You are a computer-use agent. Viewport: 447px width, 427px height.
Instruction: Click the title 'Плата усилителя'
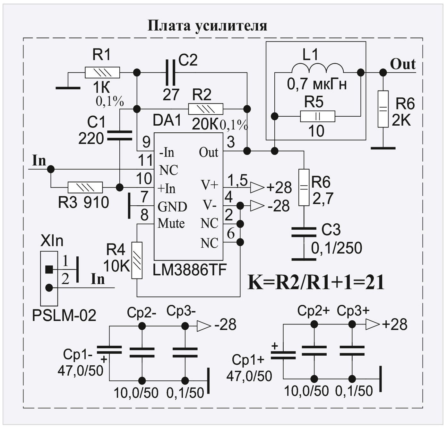207,25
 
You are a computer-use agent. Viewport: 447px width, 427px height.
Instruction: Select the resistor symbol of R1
102,73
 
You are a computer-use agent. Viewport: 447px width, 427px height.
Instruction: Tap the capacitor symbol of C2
170,73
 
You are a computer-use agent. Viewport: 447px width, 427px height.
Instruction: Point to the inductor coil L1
317,68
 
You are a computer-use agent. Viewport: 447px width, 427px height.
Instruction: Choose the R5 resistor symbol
317,116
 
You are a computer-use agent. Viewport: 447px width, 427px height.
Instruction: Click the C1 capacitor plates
119,135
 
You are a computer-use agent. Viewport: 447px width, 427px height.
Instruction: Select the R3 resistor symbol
85,187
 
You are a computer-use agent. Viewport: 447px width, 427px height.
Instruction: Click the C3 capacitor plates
304,232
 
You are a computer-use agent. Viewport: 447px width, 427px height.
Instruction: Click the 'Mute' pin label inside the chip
171,223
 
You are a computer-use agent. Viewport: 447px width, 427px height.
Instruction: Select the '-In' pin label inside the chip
167,152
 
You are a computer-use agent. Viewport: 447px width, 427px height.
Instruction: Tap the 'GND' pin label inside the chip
172,207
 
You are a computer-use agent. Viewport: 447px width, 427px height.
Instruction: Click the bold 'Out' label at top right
403,64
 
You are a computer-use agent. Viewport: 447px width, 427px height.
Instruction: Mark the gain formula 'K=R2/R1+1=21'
316,283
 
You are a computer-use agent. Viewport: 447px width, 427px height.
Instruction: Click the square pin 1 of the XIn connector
49,269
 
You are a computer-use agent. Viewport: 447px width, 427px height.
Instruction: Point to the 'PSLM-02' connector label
64,316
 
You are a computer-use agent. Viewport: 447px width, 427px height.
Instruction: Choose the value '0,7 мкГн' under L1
317,85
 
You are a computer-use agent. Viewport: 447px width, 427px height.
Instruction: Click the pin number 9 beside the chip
146,142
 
